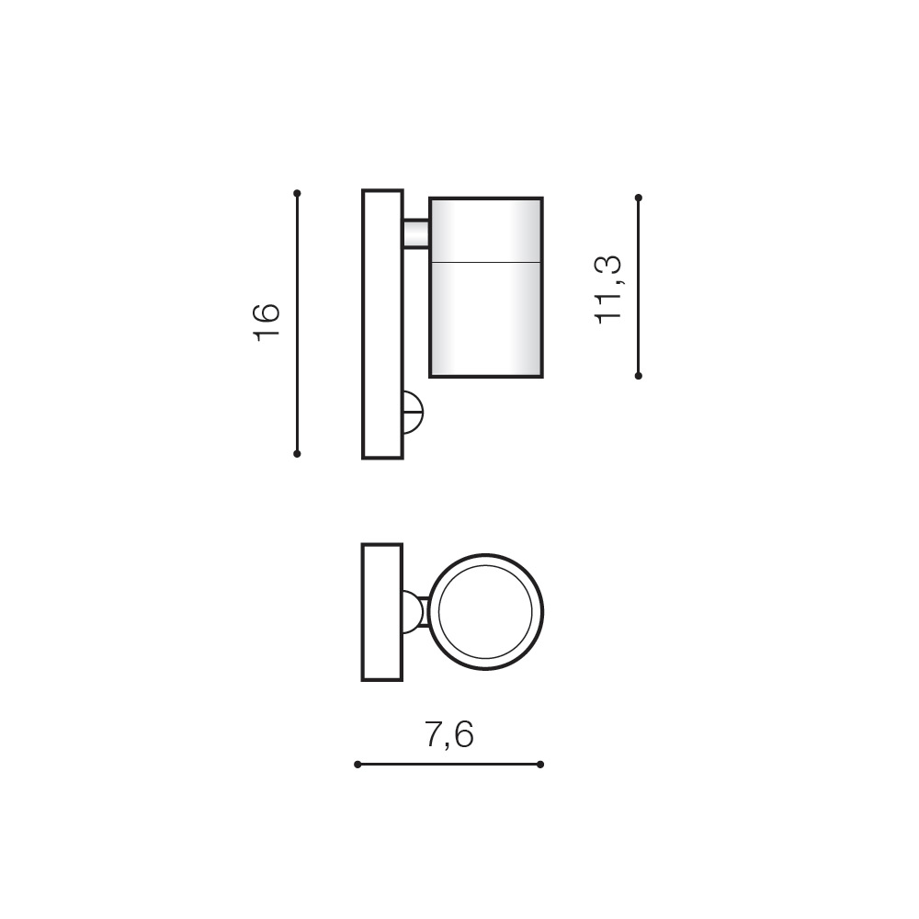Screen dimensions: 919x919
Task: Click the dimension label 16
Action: point(266,323)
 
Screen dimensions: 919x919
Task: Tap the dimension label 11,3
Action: point(607,289)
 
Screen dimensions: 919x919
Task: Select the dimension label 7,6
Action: point(449,734)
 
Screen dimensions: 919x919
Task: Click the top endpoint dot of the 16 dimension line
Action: point(297,193)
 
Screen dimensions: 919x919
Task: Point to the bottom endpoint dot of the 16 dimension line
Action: point(297,454)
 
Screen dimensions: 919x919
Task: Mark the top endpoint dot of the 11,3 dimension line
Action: point(639,199)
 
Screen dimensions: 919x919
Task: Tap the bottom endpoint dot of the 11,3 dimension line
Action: point(639,376)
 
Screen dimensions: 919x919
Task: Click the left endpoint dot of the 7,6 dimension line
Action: point(357,765)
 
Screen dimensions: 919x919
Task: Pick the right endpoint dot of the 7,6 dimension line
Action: point(540,765)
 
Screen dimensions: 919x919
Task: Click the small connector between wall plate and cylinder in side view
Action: point(416,233)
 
